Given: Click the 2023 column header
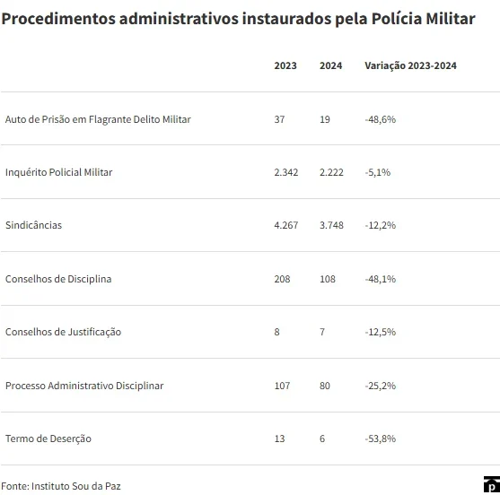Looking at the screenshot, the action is tap(285, 65).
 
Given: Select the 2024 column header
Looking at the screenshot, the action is tap(330, 65).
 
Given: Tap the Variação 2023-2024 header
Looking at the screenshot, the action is tap(411, 65).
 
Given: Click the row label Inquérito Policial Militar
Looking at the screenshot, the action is tap(58, 172).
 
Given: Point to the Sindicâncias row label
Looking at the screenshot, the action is tap(33, 225).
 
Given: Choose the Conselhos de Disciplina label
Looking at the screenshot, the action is tap(58, 279).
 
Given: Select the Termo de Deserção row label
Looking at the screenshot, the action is tap(48, 439).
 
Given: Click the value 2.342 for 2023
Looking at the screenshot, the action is tap(286, 172).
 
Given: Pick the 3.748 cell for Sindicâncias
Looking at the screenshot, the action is tap(331, 225).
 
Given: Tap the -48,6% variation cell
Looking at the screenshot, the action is tap(380, 119).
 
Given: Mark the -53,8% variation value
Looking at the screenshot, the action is tap(380, 439).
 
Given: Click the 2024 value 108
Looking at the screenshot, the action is tap(328, 279).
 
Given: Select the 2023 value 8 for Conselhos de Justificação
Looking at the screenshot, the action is tap(276, 332).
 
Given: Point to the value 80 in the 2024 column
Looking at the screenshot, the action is tap(325, 386).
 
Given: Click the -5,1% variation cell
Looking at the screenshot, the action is tap(378, 172).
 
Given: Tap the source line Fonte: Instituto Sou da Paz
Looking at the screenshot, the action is tap(61, 486).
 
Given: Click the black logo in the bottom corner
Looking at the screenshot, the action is tap(492, 485).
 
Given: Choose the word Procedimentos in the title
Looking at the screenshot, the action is tap(58, 19).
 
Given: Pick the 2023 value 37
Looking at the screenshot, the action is tap(279, 119).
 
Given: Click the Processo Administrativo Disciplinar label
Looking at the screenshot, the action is tap(84, 386).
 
